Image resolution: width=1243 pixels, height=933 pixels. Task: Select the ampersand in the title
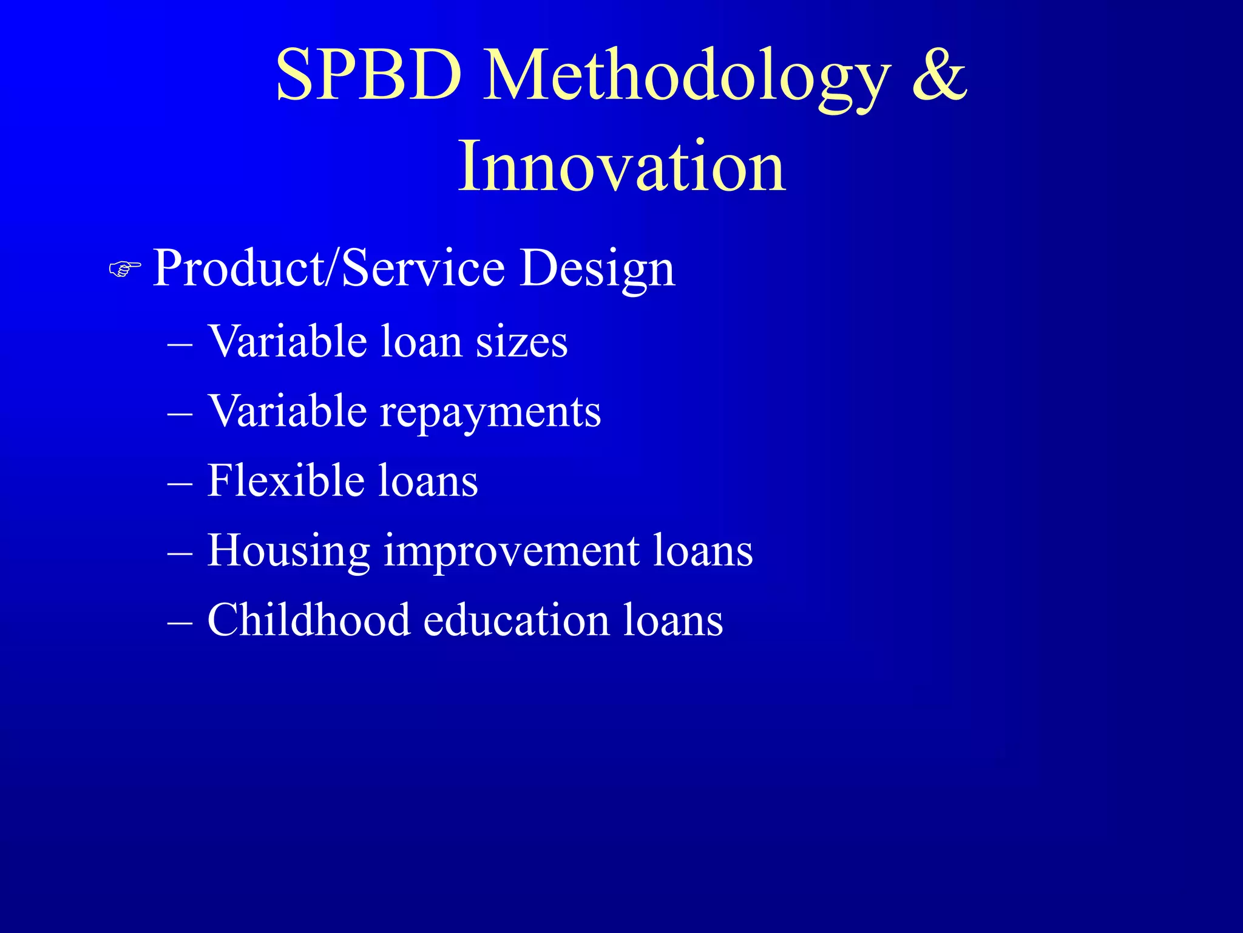coord(939,75)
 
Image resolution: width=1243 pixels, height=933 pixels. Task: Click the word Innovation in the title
coord(621,166)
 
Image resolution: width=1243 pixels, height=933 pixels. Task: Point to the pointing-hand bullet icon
coord(125,268)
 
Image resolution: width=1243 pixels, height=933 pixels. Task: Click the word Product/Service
coord(328,268)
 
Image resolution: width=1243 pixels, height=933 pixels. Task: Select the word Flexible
coord(286,480)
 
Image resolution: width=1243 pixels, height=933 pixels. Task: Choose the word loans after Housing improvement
coord(702,550)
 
